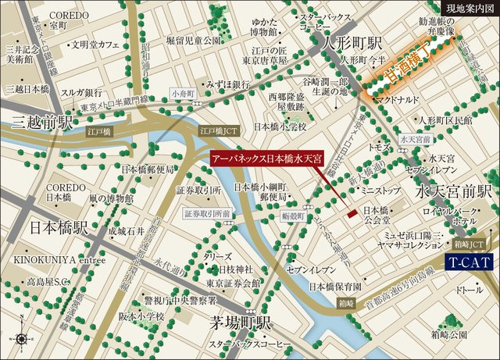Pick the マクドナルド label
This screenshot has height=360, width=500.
click(401, 100)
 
